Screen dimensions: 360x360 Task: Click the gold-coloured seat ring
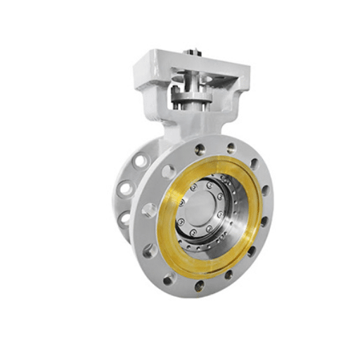tap(169, 239)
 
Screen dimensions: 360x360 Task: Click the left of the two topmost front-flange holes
tap(200, 149)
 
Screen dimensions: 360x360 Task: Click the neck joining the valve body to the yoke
tap(176, 127)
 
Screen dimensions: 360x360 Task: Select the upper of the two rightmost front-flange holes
tap(264, 190)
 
